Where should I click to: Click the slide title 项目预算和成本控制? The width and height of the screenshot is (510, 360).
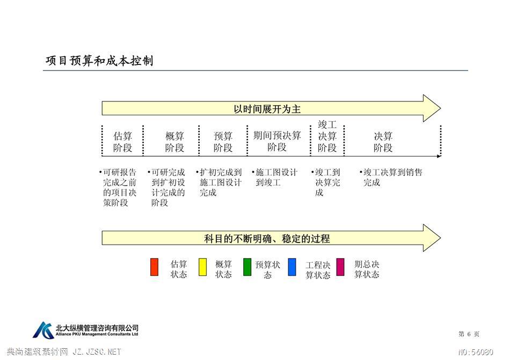tap(99, 61)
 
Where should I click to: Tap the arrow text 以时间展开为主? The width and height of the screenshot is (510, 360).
tap(267, 109)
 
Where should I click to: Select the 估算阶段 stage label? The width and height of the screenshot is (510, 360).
tap(122, 142)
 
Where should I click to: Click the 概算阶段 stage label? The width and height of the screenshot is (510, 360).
tap(174, 142)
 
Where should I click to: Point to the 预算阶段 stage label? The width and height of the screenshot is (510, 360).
tap(223, 142)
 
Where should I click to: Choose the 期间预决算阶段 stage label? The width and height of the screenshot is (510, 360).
tap(277, 141)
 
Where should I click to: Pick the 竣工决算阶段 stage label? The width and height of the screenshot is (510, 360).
tap(327, 136)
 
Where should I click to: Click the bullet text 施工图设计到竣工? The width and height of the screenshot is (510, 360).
tap(274, 177)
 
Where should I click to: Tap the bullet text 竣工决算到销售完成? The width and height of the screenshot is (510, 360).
tap(391, 177)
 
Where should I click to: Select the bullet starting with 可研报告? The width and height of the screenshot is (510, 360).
tap(118, 187)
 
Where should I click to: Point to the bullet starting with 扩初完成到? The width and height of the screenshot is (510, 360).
tap(218, 182)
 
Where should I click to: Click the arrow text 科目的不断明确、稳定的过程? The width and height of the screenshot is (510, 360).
tap(267, 239)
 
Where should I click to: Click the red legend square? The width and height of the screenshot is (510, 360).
tap(154, 267)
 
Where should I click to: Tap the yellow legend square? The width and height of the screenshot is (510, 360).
tap(202, 267)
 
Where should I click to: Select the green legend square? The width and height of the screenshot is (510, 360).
tap(247, 267)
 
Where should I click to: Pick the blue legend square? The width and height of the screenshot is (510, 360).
tap(292, 267)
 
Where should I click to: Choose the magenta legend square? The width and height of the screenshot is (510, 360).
tap(340, 267)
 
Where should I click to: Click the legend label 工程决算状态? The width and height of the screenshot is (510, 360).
tap(318, 270)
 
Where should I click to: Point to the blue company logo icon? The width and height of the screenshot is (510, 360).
tap(43, 330)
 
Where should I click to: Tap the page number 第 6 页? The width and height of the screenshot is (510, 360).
tap(469, 334)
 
